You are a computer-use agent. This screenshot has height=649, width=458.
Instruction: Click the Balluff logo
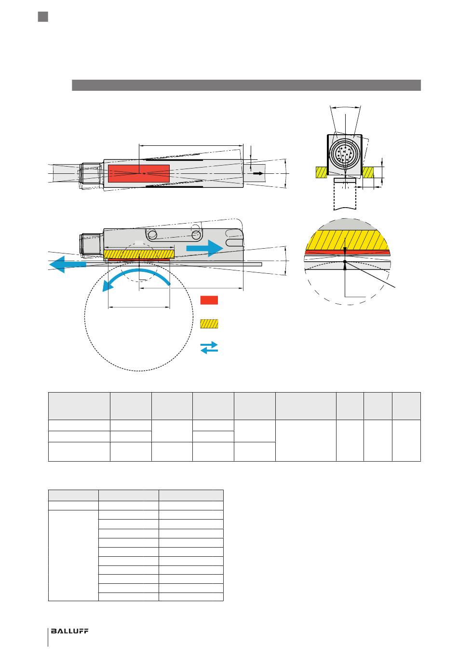pyautogui.click(x=69, y=631)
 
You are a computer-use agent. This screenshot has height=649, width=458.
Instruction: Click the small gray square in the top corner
pyautogui.click(x=43, y=17)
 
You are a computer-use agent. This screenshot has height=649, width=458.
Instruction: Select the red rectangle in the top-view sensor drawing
pyautogui.click(x=138, y=173)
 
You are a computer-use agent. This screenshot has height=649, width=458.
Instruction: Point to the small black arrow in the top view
pyautogui.click(x=258, y=173)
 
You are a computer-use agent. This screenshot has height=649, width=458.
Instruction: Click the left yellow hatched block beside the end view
pyautogui.click(x=322, y=172)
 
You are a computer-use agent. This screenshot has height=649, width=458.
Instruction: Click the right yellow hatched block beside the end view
pyautogui.click(x=368, y=172)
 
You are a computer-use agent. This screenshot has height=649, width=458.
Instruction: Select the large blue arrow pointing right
pyautogui.click(x=204, y=248)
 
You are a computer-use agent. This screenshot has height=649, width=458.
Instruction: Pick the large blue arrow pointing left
pyautogui.click(x=68, y=264)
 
